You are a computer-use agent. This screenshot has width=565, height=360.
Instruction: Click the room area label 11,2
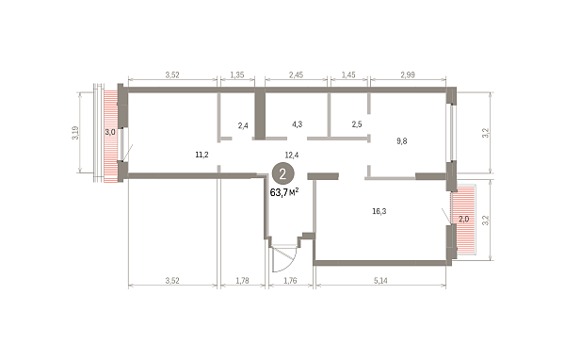point(202,155)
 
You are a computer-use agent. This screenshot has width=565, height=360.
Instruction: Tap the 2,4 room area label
point(243,126)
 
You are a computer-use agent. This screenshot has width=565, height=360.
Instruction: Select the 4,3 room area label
point(298,124)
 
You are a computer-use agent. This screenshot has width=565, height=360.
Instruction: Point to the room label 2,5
point(357,124)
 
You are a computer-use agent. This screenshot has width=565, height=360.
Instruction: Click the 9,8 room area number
point(402,141)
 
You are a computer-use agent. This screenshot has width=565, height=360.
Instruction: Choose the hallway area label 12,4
point(292,155)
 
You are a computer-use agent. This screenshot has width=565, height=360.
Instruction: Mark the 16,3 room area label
point(379,211)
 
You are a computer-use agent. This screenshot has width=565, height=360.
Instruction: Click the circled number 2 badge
point(282,173)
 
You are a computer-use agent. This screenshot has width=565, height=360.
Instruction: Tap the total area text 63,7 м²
point(284,192)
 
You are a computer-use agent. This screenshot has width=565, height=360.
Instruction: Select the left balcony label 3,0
point(110,132)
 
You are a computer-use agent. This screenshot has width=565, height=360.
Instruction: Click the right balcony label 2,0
point(463,219)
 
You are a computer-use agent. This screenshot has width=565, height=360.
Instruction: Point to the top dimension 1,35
point(237,74)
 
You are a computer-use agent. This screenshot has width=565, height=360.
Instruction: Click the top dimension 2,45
point(296,74)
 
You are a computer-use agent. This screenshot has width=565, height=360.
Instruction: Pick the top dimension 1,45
point(348,74)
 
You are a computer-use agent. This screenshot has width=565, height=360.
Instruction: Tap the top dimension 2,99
point(408,74)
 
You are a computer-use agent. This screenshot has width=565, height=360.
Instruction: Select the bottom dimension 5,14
point(380,280)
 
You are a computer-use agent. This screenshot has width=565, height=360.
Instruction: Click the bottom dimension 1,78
point(242,280)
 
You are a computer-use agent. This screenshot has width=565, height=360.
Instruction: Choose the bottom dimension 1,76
point(290,280)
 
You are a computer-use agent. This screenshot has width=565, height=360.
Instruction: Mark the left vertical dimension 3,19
point(74,133)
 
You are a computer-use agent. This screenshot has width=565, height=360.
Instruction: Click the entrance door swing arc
point(292,263)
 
